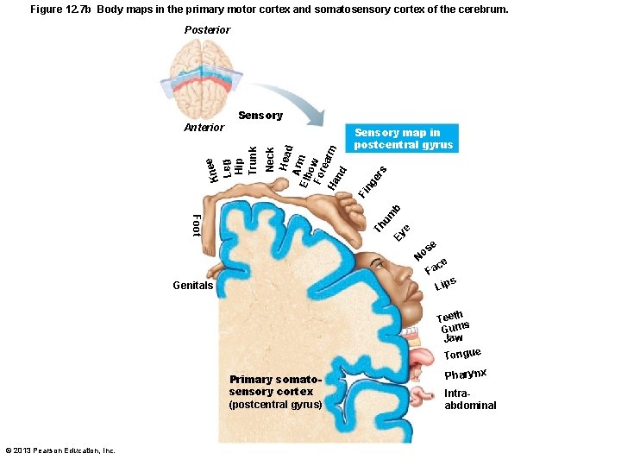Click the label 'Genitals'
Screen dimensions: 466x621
[192, 285]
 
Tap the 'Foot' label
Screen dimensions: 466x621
[196, 225]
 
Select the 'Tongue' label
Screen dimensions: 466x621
[462, 353]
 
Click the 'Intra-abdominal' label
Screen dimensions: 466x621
[470, 399]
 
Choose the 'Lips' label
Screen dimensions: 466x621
[445, 283]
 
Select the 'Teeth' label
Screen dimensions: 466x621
[451, 317]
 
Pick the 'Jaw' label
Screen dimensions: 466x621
[454, 337]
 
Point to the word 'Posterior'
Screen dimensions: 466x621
[207, 30]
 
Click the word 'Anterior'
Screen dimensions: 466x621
[204, 128]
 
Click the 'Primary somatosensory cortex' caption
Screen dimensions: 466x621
[276, 392]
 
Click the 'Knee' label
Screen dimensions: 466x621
[211, 169]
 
